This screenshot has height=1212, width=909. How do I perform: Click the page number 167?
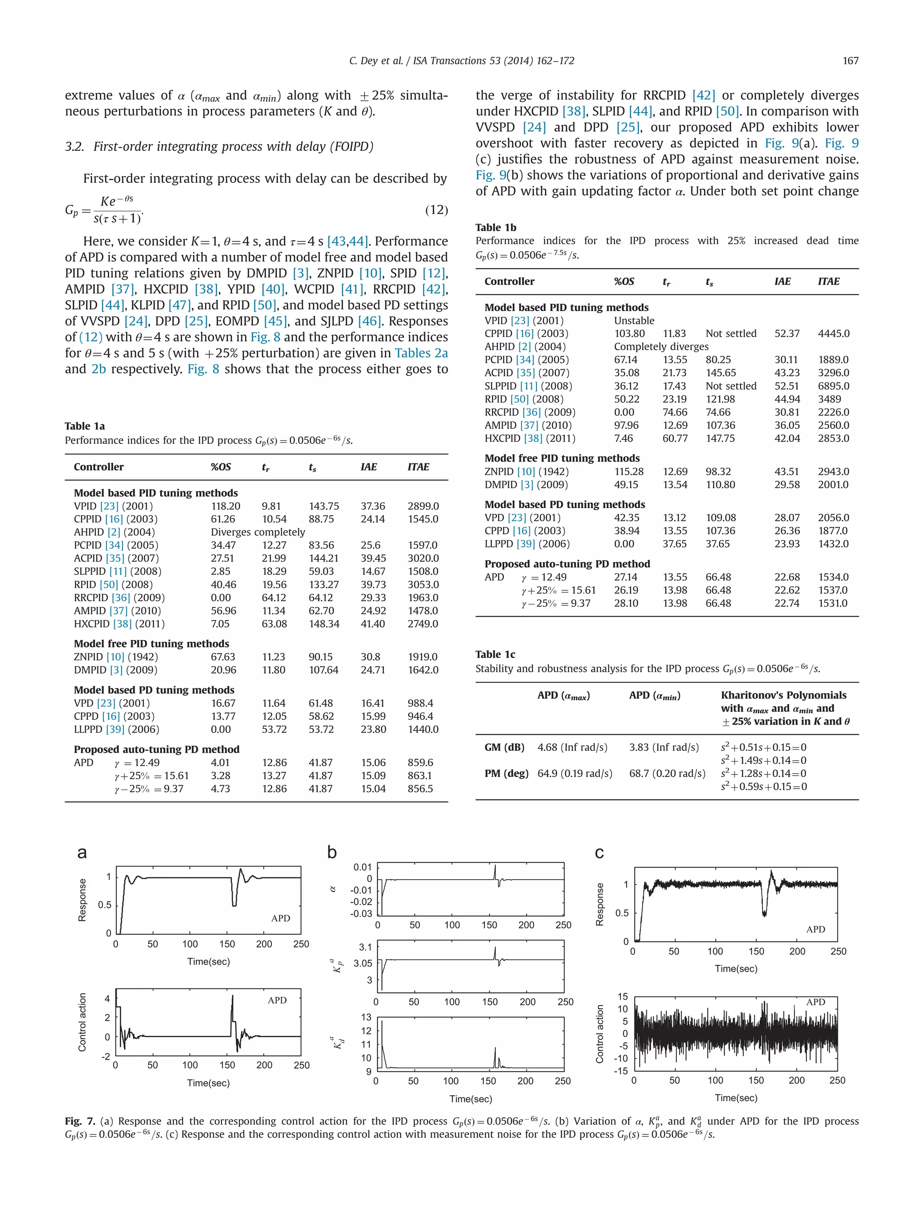(x=850, y=61)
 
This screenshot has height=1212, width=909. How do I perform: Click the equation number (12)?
(x=436, y=210)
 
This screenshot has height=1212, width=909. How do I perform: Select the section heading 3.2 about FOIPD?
(x=219, y=146)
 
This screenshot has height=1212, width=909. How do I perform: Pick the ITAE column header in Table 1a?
(x=418, y=467)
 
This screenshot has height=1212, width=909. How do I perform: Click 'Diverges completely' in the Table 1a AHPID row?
(x=257, y=532)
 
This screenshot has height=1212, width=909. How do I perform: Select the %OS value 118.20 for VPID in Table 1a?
(x=225, y=506)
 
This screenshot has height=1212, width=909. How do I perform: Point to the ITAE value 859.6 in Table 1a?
(x=420, y=762)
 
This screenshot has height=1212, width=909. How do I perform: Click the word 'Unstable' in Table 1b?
(x=633, y=320)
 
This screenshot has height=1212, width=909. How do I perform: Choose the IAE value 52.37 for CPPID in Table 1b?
(x=787, y=333)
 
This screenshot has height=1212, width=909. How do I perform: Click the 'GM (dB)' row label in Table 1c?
(x=504, y=747)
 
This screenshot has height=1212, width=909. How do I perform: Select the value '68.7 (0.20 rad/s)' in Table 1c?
(x=667, y=773)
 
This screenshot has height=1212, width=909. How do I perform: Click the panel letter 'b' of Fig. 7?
(x=332, y=853)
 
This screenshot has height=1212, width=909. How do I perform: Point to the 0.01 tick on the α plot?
(x=362, y=867)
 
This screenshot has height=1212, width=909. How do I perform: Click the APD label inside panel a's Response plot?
(x=281, y=918)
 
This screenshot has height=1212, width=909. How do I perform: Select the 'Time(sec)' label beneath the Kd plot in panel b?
(x=470, y=1098)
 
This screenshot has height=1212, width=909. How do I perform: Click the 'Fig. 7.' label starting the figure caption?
(x=79, y=1121)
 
